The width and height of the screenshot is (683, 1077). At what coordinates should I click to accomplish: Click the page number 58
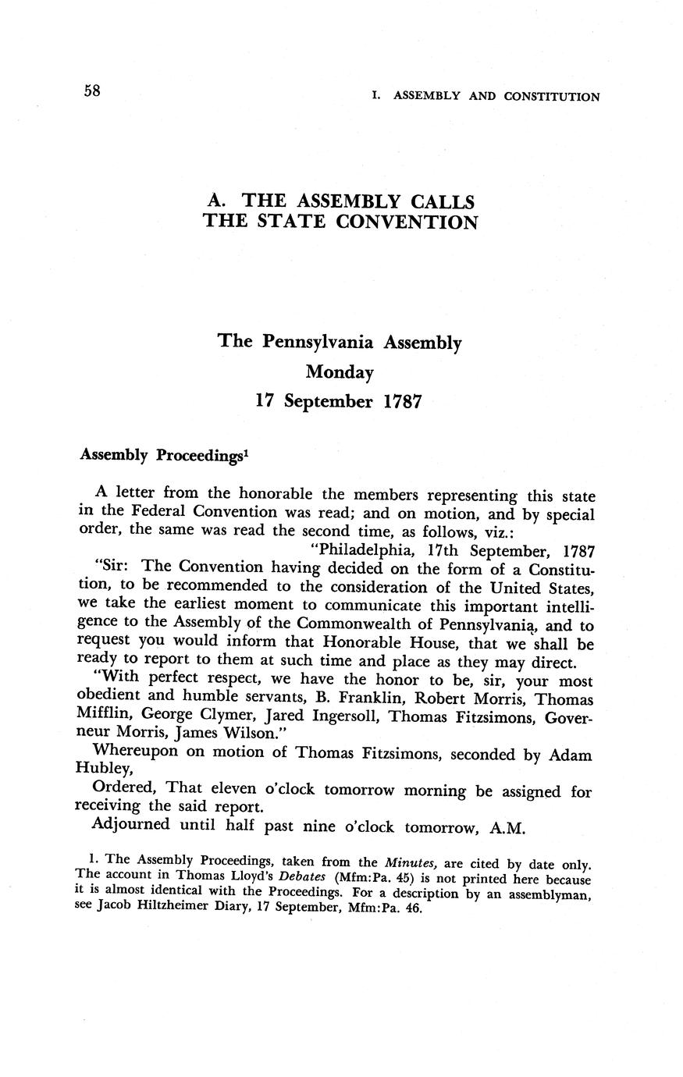[x=92, y=91]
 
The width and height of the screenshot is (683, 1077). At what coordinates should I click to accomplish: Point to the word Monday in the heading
[x=340, y=372]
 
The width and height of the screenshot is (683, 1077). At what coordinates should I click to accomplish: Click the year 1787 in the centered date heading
[x=404, y=402]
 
